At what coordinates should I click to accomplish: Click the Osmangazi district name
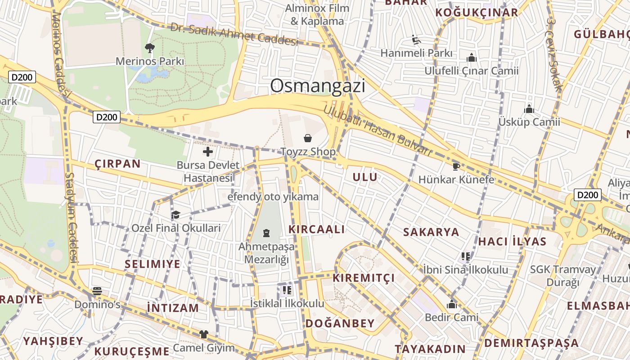click(x=318, y=85)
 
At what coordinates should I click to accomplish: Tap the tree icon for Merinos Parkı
click(x=150, y=48)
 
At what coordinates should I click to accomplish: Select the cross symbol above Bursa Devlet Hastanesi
click(x=208, y=152)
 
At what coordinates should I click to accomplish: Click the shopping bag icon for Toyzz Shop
click(x=308, y=138)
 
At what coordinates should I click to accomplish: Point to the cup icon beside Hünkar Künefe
click(x=456, y=167)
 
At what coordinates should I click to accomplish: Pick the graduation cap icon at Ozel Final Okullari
click(x=175, y=215)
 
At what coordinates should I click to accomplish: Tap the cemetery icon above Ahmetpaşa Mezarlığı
click(x=266, y=233)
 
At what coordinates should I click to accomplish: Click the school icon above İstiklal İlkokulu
click(x=287, y=290)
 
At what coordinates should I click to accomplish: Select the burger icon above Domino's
click(x=97, y=291)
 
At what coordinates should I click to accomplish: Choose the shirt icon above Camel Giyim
click(x=204, y=334)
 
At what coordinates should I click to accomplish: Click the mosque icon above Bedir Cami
click(x=452, y=305)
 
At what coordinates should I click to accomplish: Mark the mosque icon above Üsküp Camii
click(x=529, y=109)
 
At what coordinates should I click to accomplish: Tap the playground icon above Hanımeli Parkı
click(x=416, y=40)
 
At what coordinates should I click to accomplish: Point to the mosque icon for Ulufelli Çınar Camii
click(x=472, y=58)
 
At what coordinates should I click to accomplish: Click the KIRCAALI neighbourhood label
click(x=317, y=229)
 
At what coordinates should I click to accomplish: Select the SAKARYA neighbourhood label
click(x=431, y=232)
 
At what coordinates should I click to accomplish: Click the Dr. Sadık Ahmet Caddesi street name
click(x=234, y=34)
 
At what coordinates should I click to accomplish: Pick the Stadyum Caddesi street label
click(x=71, y=218)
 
